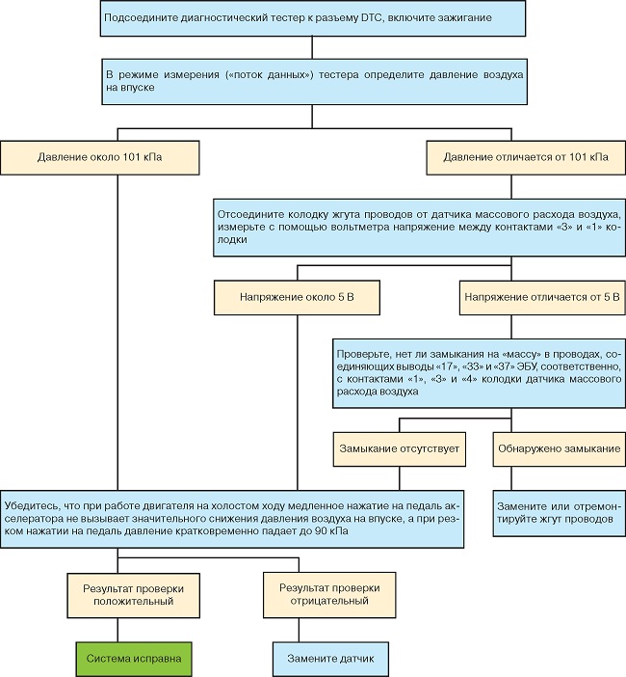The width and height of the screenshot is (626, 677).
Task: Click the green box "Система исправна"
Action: point(134,659)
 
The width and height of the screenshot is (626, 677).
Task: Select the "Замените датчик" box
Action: point(330,659)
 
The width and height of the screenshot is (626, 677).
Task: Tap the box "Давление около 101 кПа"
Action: point(99,157)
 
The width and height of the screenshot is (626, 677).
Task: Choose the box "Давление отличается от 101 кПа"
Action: point(526,157)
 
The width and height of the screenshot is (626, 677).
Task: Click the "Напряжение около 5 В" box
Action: point(297,297)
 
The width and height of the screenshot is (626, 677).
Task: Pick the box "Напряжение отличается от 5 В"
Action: point(542,297)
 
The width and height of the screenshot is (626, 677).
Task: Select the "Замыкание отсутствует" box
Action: point(400,449)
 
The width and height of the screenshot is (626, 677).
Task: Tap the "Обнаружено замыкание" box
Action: point(560,449)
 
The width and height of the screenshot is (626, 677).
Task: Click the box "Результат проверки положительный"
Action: point(134,595)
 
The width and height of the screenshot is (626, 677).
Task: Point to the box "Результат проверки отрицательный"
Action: point(329,595)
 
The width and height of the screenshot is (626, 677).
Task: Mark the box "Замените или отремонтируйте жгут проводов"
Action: point(560,513)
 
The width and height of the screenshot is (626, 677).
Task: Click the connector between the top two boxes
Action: point(312,47)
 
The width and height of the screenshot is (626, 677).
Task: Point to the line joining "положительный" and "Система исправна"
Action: point(117,630)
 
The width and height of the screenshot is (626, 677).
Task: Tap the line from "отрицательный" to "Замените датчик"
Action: point(299,630)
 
